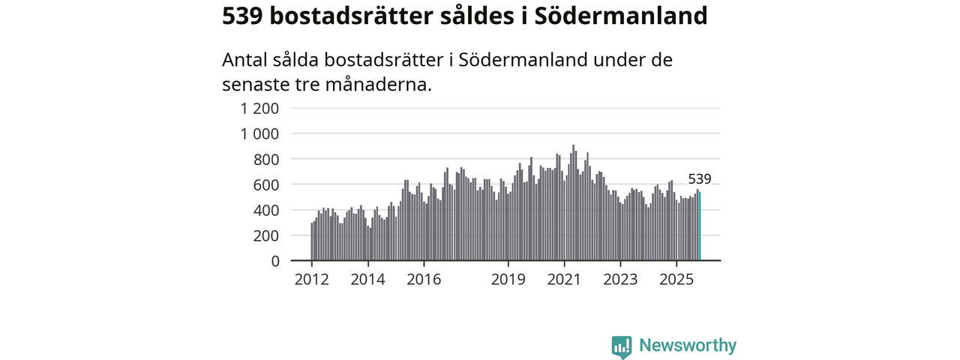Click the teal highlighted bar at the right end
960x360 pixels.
coord(700,226)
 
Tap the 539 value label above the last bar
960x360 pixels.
coord(700,179)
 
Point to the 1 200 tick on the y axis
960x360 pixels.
coord(259,108)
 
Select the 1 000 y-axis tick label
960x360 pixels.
coord(259,133)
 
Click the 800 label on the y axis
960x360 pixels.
coord(266,159)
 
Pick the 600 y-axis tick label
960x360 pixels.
coord(266,184)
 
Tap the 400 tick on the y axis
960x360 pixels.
coord(266,210)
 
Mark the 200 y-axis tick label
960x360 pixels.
coord(266,235)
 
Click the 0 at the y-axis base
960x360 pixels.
coord(274,261)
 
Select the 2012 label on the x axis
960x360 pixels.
coord(311,280)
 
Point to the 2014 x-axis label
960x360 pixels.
coord(367,280)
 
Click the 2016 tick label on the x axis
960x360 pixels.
coord(424,280)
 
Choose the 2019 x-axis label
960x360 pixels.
coord(508,280)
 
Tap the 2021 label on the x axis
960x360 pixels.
coord(564,280)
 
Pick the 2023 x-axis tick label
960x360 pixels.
coord(620,280)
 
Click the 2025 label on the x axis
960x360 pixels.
coord(676,280)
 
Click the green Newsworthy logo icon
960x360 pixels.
coord(622,346)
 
